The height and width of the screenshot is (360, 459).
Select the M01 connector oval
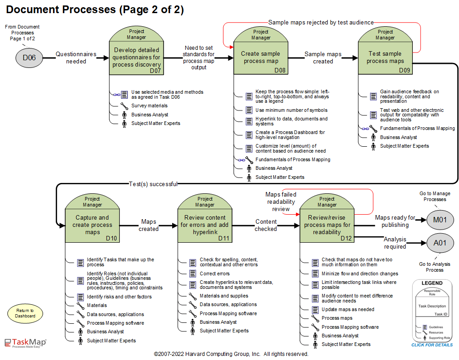tap(440, 221)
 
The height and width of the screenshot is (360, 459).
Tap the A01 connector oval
tap(440, 243)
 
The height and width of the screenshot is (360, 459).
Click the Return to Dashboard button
tap(25, 313)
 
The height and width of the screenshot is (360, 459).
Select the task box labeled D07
tap(136, 58)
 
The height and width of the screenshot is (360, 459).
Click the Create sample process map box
tap(261, 58)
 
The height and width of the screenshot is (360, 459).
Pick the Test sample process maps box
tap(385, 58)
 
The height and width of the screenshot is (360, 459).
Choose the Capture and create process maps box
tap(92, 225)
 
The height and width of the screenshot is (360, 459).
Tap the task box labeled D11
tap(205, 225)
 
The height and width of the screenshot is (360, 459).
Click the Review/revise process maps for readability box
tap(327, 225)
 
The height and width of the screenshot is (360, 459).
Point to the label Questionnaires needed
tap(76, 58)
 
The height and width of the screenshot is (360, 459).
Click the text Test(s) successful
tap(153, 184)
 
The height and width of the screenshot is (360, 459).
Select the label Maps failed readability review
tap(281, 202)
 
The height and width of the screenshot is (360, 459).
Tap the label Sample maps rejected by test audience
tap(321, 22)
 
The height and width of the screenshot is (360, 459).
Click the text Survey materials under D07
tap(150, 106)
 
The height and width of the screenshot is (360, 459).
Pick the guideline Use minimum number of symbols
tap(291, 110)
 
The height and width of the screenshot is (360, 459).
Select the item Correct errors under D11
tap(215, 274)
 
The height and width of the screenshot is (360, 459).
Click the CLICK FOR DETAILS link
tap(432, 345)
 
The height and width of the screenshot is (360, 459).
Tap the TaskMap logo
tap(25, 343)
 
